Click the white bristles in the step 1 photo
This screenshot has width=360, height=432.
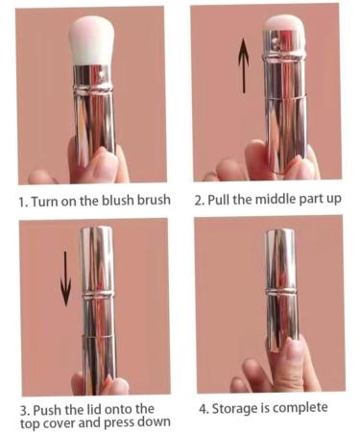point(93,42)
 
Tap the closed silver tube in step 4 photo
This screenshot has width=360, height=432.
point(280,288)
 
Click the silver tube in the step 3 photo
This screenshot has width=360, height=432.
point(97,307)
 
